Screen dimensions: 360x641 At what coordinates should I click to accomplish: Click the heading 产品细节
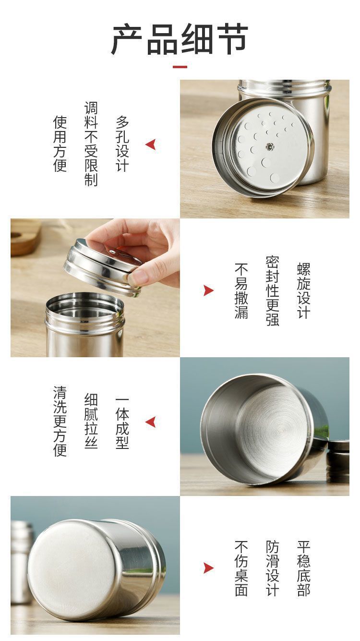point(180,39)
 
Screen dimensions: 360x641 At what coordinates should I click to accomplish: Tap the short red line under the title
point(180,67)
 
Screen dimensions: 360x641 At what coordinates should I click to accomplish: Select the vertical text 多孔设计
point(122,144)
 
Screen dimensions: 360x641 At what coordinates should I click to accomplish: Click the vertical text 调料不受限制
point(91,144)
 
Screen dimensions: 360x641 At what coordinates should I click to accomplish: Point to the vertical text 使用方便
point(60,144)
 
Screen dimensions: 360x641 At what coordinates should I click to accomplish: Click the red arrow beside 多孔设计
point(151,145)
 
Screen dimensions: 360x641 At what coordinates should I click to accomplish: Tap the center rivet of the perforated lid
point(269,146)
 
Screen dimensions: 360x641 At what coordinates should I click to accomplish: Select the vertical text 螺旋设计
point(304,290)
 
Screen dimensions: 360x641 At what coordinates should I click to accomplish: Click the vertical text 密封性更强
point(273,291)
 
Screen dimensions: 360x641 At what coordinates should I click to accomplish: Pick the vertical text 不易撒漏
point(241,290)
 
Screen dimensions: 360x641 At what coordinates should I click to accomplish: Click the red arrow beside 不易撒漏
point(208,290)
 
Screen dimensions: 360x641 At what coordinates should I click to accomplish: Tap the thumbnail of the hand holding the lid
point(96,288)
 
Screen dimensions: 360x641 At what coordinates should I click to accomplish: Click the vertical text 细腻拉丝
point(91,421)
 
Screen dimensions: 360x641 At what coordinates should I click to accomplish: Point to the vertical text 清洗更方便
point(60,421)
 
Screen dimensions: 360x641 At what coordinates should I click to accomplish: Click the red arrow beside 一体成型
point(151,422)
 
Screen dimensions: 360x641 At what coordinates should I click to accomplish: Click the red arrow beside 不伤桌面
point(208,568)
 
